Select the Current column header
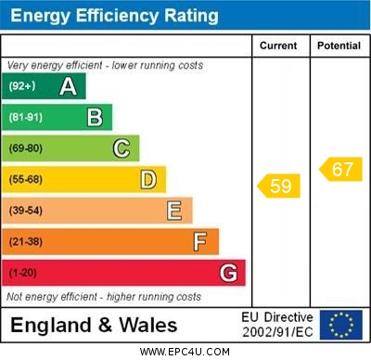pyautogui.click(x=278, y=45)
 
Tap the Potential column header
pyautogui.click(x=339, y=45)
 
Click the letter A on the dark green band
pyautogui.click(x=68, y=86)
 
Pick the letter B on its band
pyautogui.click(x=95, y=118)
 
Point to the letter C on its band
pyautogui.click(x=122, y=148)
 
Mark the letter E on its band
pyautogui.click(x=174, y=211)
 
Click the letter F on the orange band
pyautogui.click(x=200, y=242)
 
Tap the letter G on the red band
pyautogui.click(x=228, y=273)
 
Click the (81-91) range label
pyautogui.click(x=25, y=118)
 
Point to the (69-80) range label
pyautogui.click(x=25, y=148)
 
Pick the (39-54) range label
pyautogui.click(x=25, y=211)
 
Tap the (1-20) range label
pyautogui.click(x=22, y=274)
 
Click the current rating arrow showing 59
pyautogui.click(x=279, y=186)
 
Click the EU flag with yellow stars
pyautogui.click(x=340, y=324)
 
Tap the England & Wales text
pyautogui.click(x=94, y=325)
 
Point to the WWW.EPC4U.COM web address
pyautogui.click(x=185, y=352)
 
